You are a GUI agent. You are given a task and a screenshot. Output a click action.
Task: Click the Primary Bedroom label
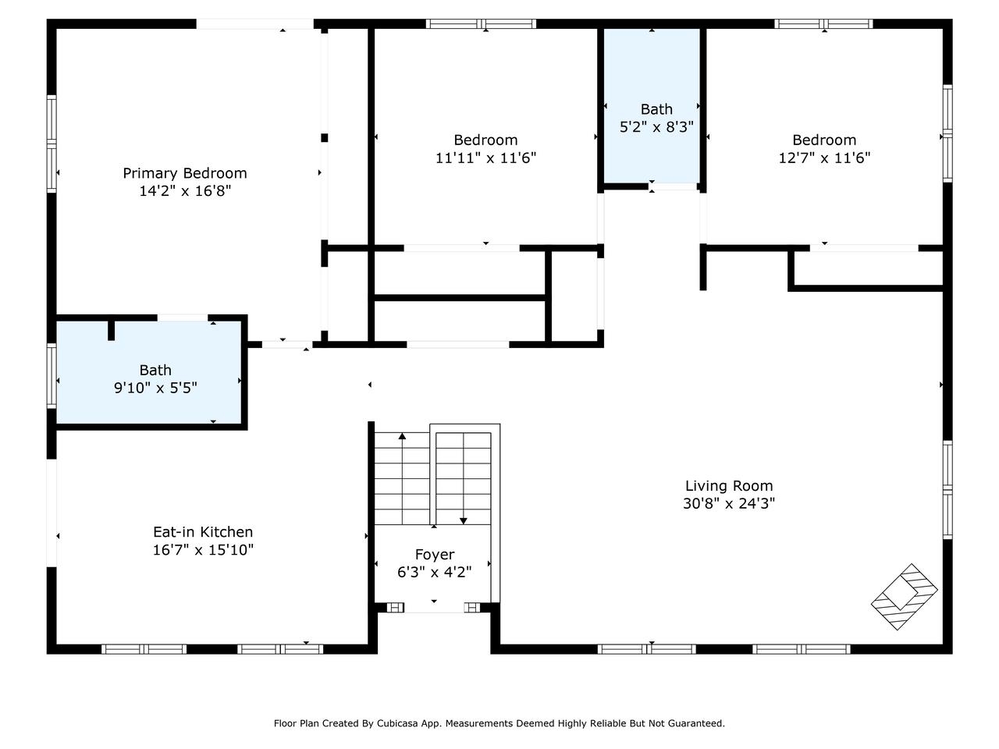185,173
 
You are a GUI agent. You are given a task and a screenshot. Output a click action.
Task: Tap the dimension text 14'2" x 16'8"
185,191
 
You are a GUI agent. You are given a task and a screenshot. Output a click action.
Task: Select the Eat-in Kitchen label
203,531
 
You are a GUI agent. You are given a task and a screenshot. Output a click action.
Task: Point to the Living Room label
729,486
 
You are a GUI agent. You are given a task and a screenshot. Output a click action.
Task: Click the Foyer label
435,555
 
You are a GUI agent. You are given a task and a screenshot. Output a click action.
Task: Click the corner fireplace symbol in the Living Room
905,597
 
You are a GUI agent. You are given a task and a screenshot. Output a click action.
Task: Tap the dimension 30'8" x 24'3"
729,503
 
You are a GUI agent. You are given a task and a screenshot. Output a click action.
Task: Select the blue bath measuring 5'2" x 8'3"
652,105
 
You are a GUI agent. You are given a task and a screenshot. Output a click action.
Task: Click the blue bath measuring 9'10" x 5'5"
149,373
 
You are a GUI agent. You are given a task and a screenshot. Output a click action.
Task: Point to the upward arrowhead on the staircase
402,436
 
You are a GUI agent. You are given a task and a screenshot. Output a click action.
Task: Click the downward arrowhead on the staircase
464,520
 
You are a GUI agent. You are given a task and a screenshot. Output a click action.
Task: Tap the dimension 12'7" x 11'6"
825,158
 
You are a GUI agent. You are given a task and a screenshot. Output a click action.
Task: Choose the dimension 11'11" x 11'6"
486,158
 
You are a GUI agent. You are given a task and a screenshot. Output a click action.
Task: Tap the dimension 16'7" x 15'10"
203,550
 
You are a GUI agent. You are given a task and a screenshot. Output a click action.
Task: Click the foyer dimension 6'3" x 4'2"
435,572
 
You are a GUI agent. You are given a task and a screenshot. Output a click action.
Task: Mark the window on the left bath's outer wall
52,375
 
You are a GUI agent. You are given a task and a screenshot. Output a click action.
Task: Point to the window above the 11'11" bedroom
481,23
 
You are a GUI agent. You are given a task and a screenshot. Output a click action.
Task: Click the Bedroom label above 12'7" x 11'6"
825,140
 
